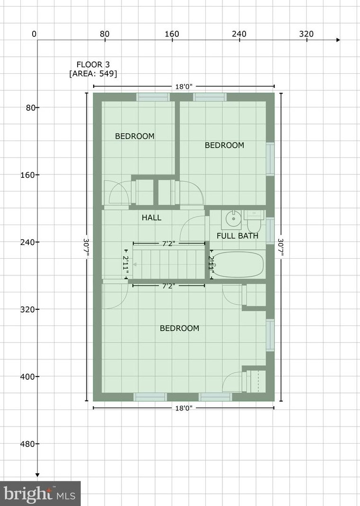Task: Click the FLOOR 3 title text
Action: coord(93,64)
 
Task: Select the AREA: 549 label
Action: coord(93,74)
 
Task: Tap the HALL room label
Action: coord(151,218)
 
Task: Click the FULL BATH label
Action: coord(237,236)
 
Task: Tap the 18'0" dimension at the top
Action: coord(184,87)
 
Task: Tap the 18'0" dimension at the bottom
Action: coord(184,408)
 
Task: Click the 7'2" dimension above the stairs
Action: coord(169,244)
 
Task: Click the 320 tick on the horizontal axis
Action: coord(307,34)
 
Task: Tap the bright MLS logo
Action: coord(40,494)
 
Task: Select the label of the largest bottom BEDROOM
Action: coord(179,328)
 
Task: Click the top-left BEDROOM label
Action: coord(135,136)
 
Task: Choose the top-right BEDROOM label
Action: coord(224,145)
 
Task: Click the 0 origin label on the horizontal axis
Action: coord(34,34)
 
